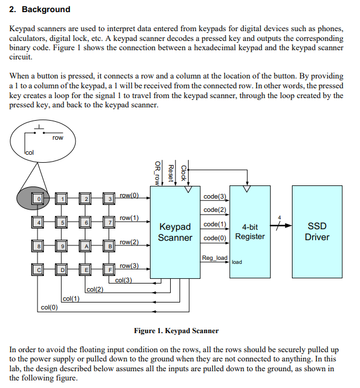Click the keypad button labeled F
(x=109, y=270)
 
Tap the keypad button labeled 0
(x=37, y=199)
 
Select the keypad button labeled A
(x=85, y=246)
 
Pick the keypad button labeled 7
(x=109, y=222)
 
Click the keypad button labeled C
(x=37, y=270)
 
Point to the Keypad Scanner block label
(x=175, y=232)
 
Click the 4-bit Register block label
(x=250, y=232)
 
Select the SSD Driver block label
(x=317, y=232)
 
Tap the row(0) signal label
(x=129, y=195)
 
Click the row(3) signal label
(x=129, y=266)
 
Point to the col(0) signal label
(x=49, y=307)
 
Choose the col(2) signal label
(x=95, y=289)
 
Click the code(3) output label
(x=215, y=196)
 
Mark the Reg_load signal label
(x=215, y=258)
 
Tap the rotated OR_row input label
(x=157, y=173)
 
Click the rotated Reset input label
(x=171, y=173)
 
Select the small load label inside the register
(x=237, y=262)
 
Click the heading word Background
(x=46, y=9)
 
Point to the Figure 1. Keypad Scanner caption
(x=177, y=331)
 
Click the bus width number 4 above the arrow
(x=279, y=218)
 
